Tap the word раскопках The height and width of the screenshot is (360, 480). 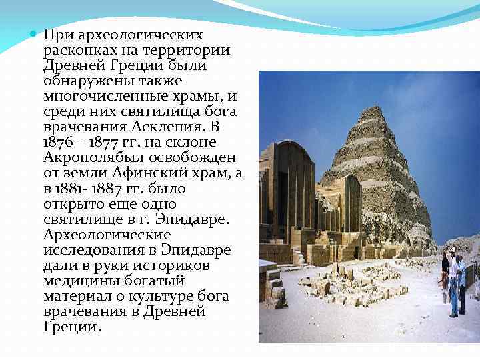click(x=80, y=51)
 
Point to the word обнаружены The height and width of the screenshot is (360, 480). click(x=85, y=81)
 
